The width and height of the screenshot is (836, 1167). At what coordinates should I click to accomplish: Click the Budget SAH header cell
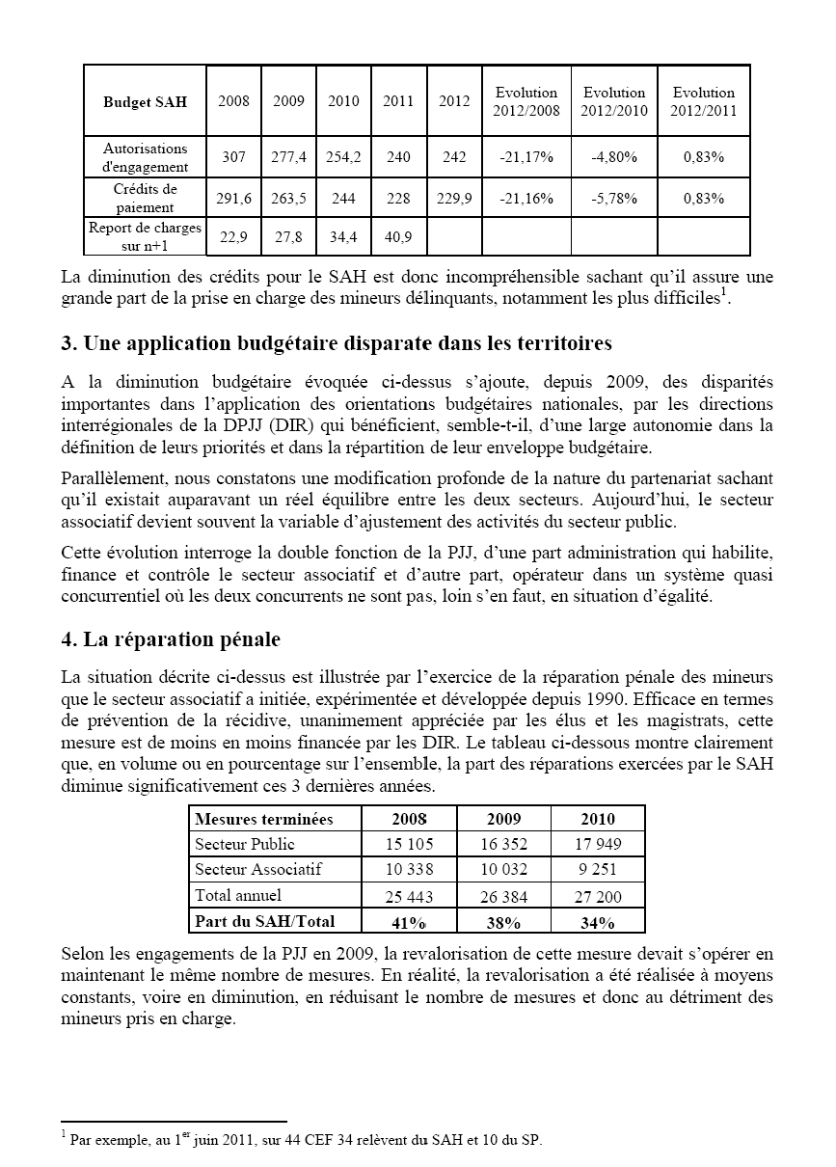145,101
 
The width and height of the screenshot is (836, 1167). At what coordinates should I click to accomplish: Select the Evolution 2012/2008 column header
526,101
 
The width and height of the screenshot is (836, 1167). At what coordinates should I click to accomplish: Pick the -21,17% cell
526,156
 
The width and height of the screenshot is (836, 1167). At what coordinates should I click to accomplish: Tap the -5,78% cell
614,198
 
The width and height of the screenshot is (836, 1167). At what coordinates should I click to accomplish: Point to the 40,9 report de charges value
398,236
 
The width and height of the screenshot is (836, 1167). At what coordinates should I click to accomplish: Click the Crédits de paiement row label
145,198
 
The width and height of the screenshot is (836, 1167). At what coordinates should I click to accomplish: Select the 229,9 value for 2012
455,198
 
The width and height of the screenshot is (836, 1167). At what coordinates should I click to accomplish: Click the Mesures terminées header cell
264,819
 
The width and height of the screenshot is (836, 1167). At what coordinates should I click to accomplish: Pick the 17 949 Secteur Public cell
598,845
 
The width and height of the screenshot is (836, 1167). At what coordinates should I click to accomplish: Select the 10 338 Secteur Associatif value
409,870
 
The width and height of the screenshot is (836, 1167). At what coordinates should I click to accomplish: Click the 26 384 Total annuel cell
503,897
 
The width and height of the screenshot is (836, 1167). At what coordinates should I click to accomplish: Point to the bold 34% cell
598,923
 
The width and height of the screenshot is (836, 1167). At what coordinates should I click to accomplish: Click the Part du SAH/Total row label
264,921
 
